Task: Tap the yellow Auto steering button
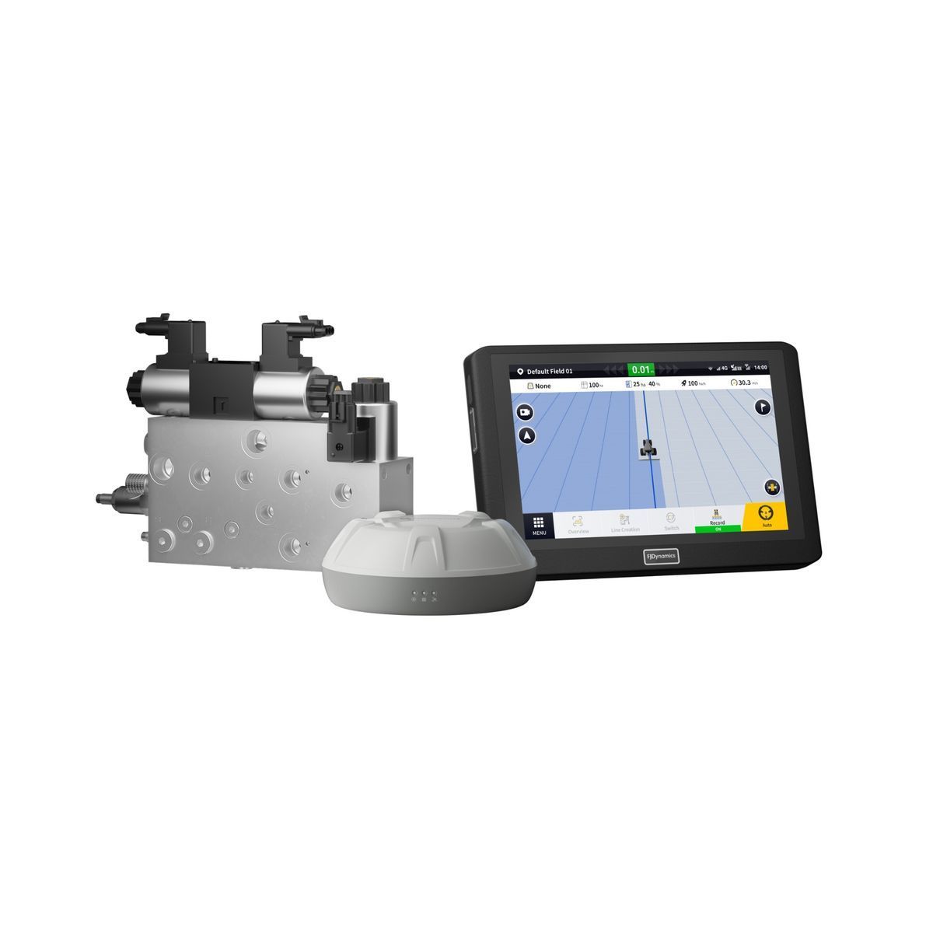tap(766, 518)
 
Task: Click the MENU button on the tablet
tap(538, 526)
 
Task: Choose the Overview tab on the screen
tap(578, 524)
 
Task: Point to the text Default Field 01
tap(549, 372)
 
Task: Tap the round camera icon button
tap(526, 412)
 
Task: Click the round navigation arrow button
tap(528, 435)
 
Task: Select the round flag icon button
tap(763, 406)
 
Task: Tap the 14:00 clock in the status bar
tap(760, 367)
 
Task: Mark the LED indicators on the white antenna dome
tap(425, 596)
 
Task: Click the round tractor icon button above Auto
tap(771, 487)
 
